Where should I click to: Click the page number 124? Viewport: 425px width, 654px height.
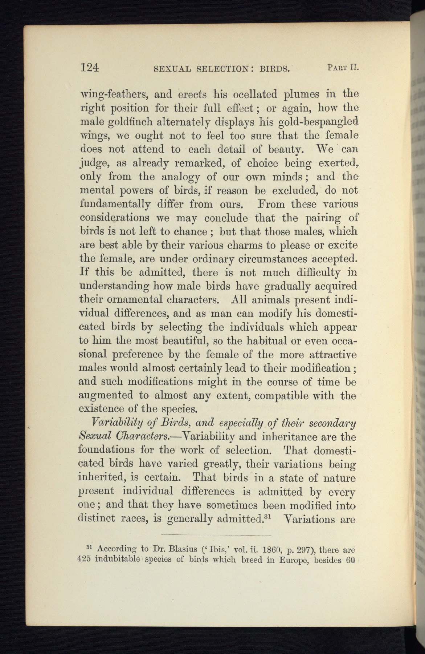89,68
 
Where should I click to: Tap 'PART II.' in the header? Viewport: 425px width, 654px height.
343,67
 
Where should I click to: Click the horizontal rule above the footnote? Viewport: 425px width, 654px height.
216,535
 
